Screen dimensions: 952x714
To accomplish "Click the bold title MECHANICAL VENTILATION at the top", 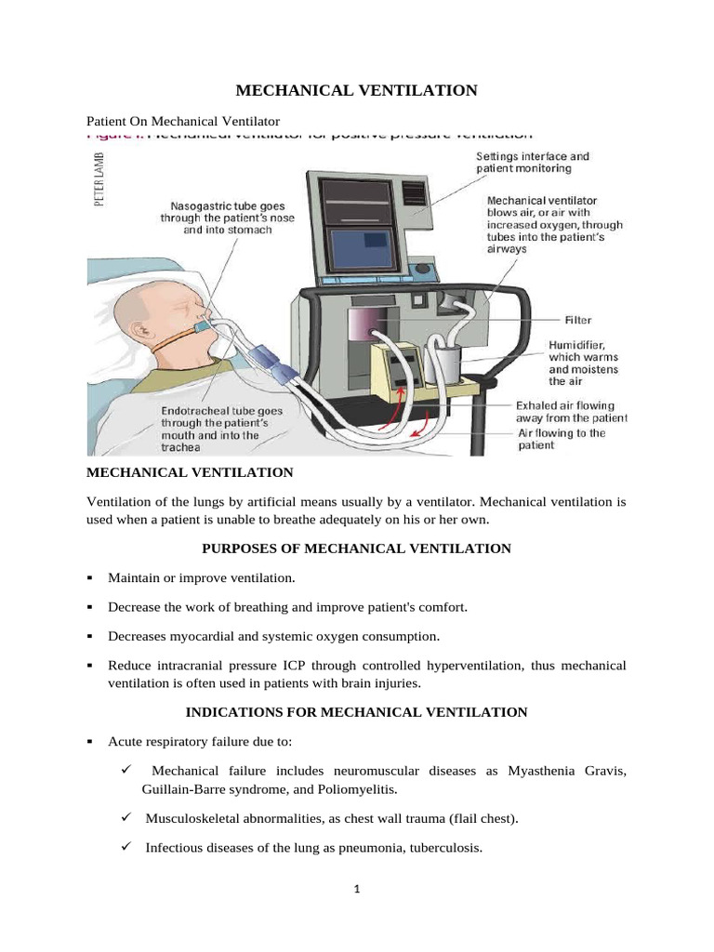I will coord(356,90).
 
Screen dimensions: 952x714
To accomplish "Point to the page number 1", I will coord(357,889).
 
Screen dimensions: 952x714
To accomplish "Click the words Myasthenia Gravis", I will coord(576,772).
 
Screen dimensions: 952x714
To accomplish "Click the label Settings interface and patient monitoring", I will coord(532,163).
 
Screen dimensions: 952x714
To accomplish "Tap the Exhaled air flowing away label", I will coord(572,412).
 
